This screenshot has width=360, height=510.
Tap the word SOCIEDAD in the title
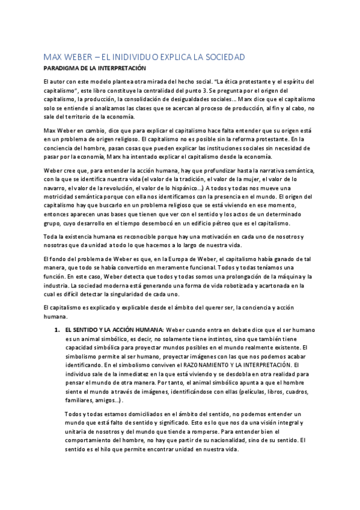[x=219, y=57]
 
